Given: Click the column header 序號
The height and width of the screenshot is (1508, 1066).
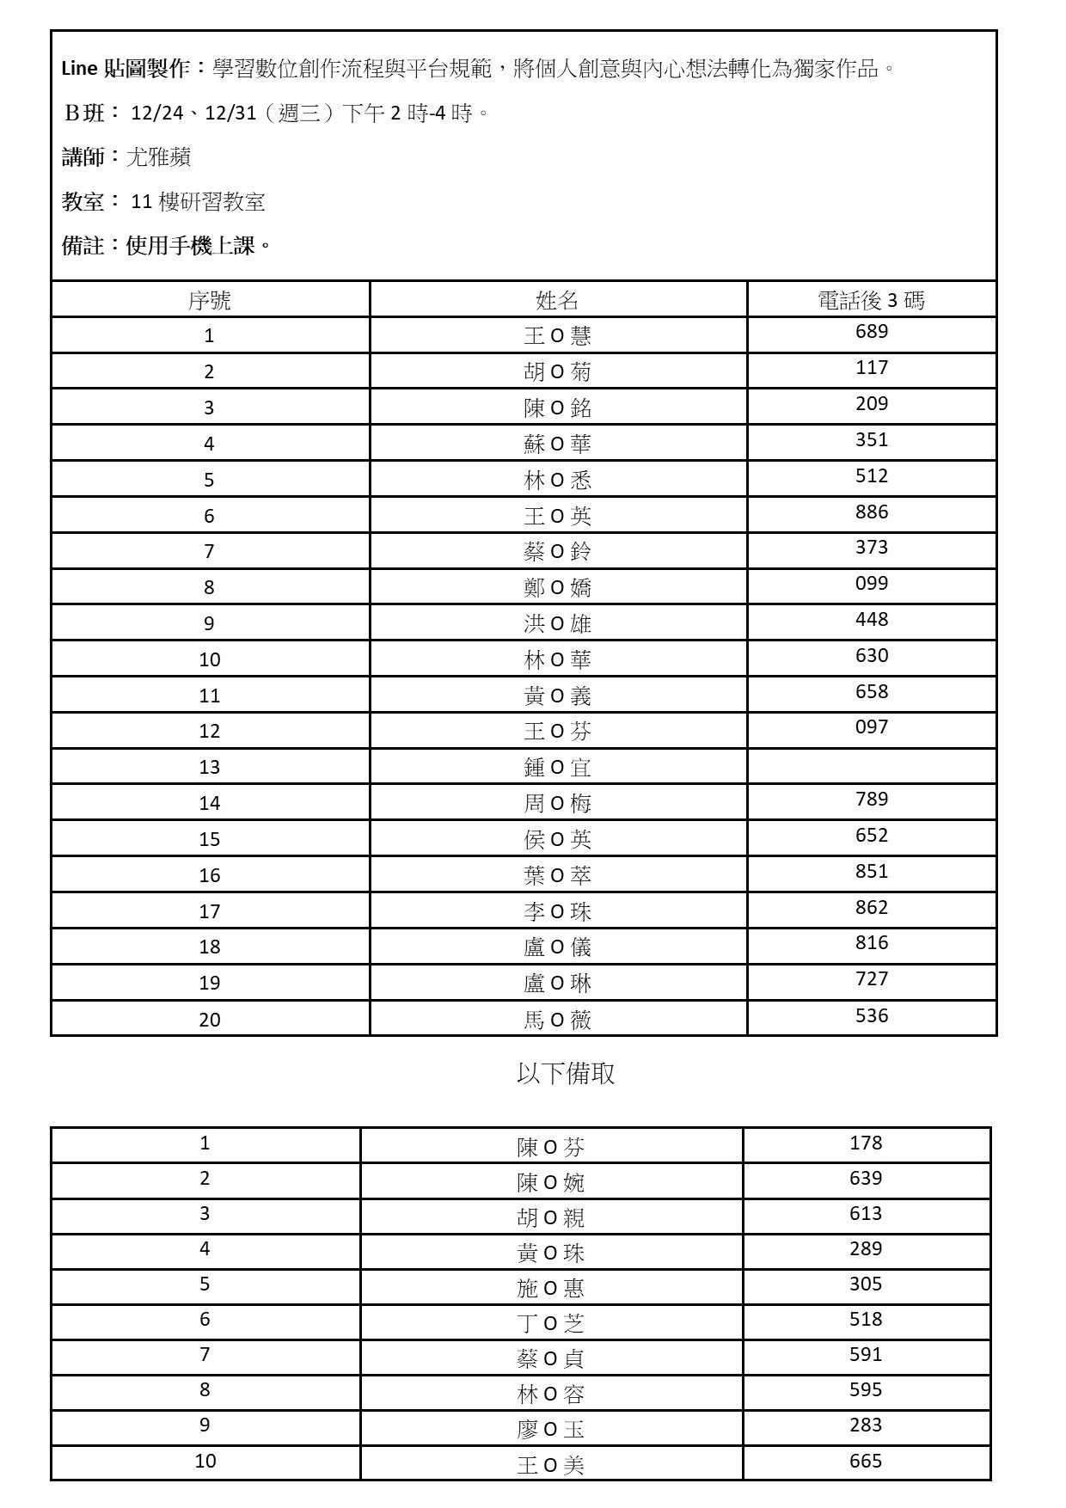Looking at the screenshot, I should (209, 300).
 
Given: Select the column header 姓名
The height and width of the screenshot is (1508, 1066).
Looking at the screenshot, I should (557, 300).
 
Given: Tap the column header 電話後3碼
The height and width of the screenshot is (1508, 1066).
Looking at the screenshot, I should (871, 300).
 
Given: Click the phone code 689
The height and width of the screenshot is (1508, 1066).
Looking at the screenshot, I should (871, 332).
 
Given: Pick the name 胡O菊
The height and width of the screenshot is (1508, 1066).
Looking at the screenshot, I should (557, 371).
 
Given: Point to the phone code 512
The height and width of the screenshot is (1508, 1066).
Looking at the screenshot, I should (871, 476).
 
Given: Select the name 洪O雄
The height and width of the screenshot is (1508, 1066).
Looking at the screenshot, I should (557, 623).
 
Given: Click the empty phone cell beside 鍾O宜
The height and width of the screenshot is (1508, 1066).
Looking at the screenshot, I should (871, 766).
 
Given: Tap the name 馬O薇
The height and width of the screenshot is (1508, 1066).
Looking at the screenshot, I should (557, 1020).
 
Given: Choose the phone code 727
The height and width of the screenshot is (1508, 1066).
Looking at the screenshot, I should (871, 979).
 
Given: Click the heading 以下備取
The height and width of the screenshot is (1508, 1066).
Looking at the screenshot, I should (565, 1074).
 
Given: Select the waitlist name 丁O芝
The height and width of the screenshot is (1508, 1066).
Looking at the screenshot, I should (550, 1323).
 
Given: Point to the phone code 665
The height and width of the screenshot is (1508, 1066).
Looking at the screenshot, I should (865, 1461).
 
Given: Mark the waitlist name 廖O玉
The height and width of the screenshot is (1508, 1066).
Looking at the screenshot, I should (550, 1429).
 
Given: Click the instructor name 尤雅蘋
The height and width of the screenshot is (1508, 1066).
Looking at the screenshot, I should (158, 157).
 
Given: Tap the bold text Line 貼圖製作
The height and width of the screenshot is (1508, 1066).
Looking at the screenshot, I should (126, 69).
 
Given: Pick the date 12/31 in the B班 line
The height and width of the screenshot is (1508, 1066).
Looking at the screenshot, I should (230, 113).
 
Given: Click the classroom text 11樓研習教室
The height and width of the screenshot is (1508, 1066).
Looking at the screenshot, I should (198, 202).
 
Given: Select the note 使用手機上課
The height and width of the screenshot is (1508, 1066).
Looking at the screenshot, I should (191, 246).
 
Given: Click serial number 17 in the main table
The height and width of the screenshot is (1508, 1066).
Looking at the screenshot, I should (209, 911).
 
